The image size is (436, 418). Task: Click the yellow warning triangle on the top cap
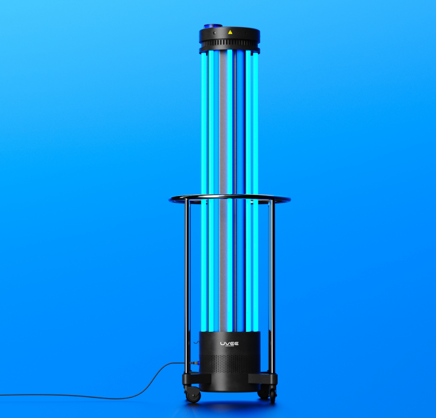230,32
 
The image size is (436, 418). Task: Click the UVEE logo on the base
230,344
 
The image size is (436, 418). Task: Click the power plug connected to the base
193,363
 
